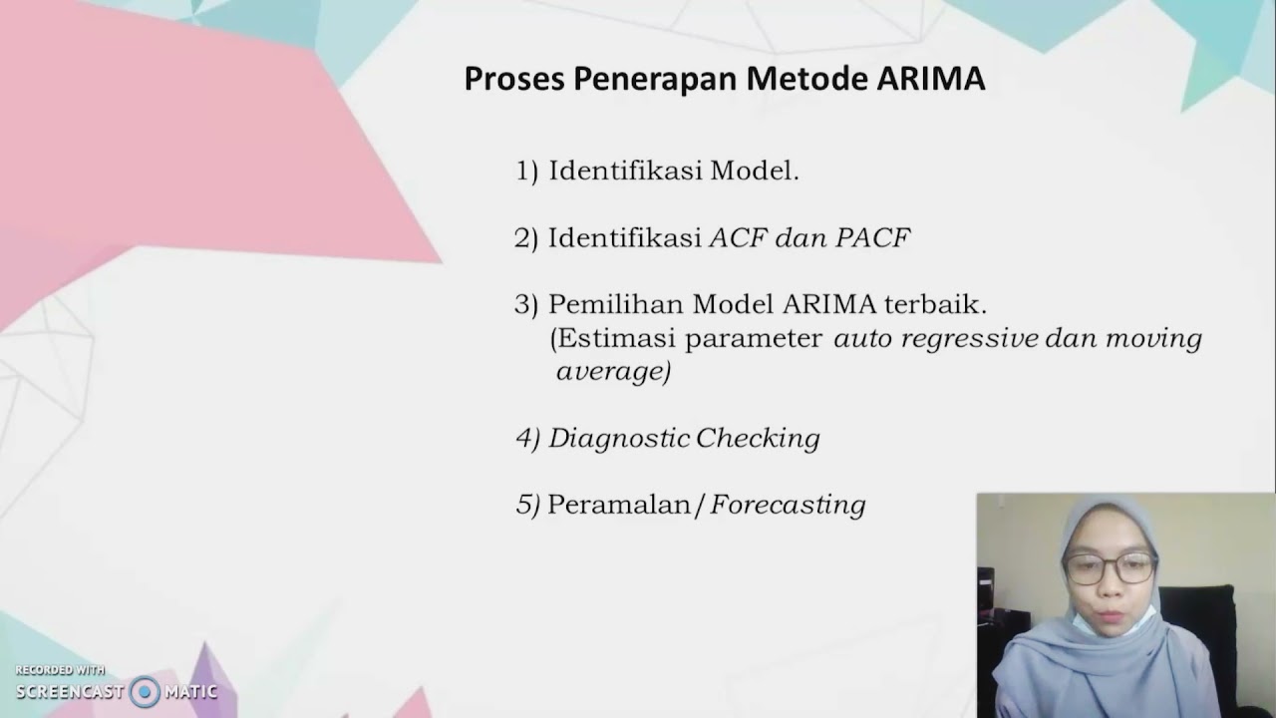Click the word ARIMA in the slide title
[931, 80]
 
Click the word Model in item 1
[754, 172]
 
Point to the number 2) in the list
[526, 238]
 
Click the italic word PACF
[873, 238]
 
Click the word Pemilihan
[615, 304]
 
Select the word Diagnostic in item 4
[618, 439]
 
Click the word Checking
[758, 439]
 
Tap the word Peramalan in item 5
[619, 506]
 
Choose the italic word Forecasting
[788, 506]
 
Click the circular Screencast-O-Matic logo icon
[145, 691]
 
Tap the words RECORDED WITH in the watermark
[60, 670]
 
